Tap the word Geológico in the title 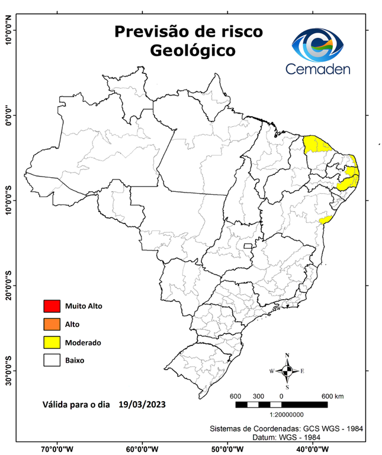coord(192,50)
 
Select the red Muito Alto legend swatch coord(52,306)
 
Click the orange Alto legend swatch coord(52,324)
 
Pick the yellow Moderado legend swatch coord(52,342)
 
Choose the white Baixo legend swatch coord(52,360)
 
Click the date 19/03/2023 coord(142,405)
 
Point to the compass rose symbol coord(287,371)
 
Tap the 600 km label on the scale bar coord(332,396)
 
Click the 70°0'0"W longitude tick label coord(57,449)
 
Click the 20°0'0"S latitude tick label coord(8,286)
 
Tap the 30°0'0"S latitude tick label coord(8,370)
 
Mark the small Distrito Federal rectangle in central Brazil coord(246,245)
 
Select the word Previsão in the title coord(148,30)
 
